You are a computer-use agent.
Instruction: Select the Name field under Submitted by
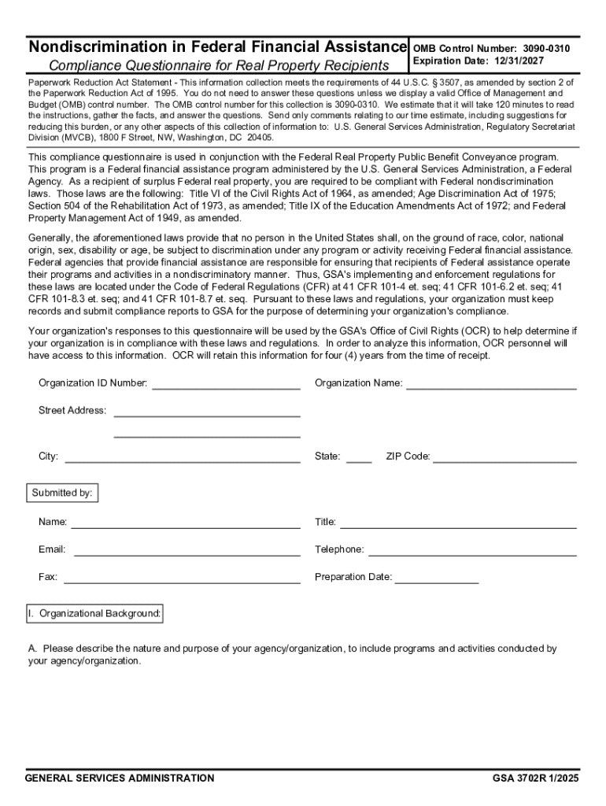coord(186,523)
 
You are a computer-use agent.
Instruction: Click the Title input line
coord(458,523)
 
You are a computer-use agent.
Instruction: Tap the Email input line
coord(187,550)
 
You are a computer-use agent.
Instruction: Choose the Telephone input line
coord(472,550)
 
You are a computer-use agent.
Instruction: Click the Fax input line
coord(182,578)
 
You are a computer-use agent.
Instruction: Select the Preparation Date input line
coord(437,578)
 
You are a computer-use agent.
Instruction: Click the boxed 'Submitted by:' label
coord(62,494)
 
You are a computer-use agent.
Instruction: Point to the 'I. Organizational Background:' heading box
coord(95,613)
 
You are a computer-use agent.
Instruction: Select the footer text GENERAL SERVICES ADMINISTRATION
coord(120,778)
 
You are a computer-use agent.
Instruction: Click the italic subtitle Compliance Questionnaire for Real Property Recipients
coord(219,65)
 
